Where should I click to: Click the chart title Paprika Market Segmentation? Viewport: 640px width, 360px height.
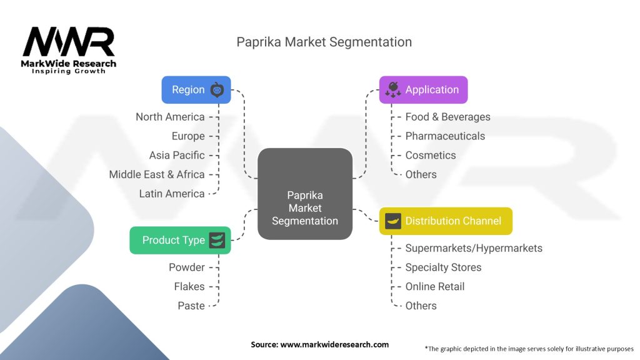click(324, 42)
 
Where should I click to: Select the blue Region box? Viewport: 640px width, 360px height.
click(196, 89)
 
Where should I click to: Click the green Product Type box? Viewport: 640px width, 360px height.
click(180, 240)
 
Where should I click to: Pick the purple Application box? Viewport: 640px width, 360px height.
click(423, 89)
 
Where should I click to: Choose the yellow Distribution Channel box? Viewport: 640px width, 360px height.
click(446, 221)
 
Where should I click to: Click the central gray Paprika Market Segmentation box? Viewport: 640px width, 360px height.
click(305, 194)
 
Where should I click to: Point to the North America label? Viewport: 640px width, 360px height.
click(170, 117)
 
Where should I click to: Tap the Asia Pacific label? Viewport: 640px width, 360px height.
click(177, 155)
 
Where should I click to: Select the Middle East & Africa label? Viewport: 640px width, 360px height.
click(157, 174)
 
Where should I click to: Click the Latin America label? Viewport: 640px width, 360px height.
click(172, 194)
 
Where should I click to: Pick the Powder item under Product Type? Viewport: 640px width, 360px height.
click(187, 267)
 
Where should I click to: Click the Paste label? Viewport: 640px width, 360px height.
click(191, 306)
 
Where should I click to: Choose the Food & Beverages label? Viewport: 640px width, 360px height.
click(447, 117)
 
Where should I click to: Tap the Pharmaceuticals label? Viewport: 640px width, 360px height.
click(445, 136)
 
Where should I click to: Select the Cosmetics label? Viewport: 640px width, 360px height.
click(431, 155)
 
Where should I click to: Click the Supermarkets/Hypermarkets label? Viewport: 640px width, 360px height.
click(474, 248)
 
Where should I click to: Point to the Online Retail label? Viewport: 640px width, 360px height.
click(435, 286)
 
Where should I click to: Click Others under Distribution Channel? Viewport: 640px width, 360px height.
click(421, 306)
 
